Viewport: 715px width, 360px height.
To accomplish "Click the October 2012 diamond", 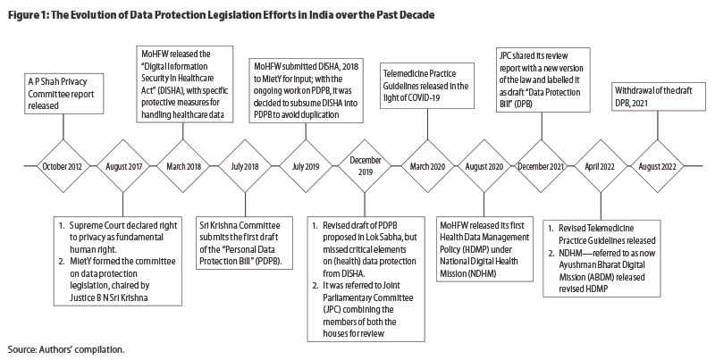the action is pos(63,166).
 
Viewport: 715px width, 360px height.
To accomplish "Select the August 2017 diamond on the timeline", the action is pos(123,166).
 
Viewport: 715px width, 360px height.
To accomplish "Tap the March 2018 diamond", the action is pos(183,166).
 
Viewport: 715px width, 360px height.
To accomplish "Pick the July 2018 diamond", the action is pos(245,166).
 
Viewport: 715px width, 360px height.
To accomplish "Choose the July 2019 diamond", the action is pos(306,166).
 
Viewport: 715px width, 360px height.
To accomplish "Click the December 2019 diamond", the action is pos(365,166).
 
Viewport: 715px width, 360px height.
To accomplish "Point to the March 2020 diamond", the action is pos(428,166).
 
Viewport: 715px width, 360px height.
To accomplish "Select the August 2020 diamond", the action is pos(484,166).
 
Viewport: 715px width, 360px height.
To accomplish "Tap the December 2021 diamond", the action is pos(542,166).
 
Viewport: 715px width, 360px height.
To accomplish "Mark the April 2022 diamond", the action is pos(601,166).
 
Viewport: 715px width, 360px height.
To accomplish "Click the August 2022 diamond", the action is pos(657,166).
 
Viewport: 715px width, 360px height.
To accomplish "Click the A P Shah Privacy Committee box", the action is pos(64,94).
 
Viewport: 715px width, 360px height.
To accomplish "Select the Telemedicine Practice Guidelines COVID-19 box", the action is pos(427,86).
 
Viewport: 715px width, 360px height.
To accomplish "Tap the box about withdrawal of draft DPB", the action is pos(657,96).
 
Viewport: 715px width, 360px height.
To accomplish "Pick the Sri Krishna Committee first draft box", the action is pos(244,244).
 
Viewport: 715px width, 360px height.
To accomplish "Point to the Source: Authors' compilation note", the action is pos(65,349).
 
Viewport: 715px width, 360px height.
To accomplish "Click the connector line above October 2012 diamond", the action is pos(63,127).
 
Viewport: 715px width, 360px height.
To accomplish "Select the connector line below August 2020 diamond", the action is pos(484,205).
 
